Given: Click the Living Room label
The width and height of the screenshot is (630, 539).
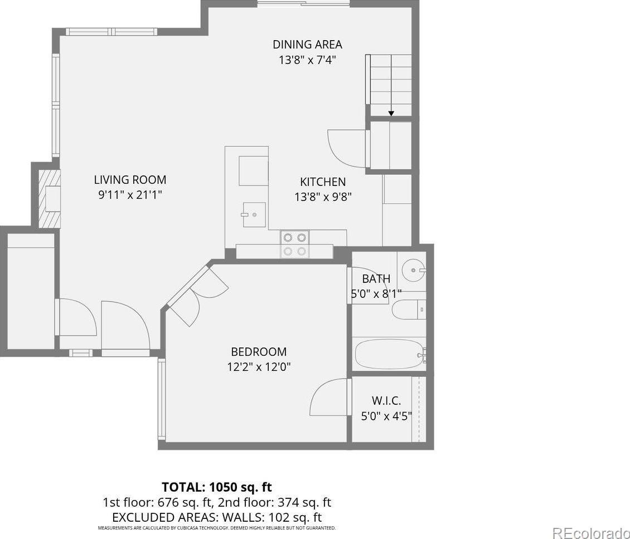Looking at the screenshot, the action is point(130,179).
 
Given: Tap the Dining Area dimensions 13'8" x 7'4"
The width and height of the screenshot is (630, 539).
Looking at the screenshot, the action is point(307,60).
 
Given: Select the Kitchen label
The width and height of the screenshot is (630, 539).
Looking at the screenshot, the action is point(323,182).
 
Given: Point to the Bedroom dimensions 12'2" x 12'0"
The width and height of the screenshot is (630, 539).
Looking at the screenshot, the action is point(259,367).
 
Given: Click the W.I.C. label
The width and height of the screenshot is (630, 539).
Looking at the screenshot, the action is point(386,400).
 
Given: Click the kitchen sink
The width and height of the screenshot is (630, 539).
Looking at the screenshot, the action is point(254,215).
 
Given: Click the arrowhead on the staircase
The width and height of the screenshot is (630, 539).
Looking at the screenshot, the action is point(391,114).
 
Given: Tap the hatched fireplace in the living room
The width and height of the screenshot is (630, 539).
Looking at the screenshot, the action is point(49,198).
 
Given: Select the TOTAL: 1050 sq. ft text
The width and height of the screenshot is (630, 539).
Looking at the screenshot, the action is point(216,487).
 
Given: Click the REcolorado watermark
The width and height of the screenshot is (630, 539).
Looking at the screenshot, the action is point(591,532).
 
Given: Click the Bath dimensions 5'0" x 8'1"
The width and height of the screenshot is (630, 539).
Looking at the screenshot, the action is point(376,294).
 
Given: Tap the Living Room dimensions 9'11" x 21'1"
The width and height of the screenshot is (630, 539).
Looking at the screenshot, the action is point(130,195).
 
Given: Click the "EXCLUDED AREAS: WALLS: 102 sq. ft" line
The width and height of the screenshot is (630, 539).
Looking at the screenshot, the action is point(217,517).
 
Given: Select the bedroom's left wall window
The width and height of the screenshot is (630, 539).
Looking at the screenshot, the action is point(162,398).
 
